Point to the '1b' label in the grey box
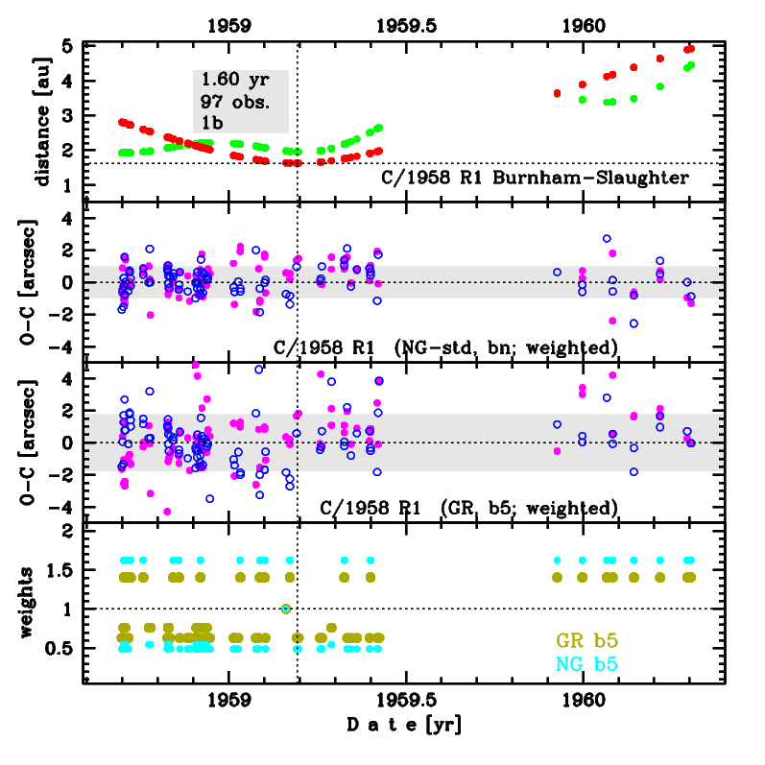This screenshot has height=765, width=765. pos(211,121)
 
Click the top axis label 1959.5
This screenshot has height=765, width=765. pos(405,26)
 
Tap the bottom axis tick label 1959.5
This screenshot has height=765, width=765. pos(405,701)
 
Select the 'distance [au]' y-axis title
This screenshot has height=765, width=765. pos(41,121)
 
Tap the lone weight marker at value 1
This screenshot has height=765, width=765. pos(285,609)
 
